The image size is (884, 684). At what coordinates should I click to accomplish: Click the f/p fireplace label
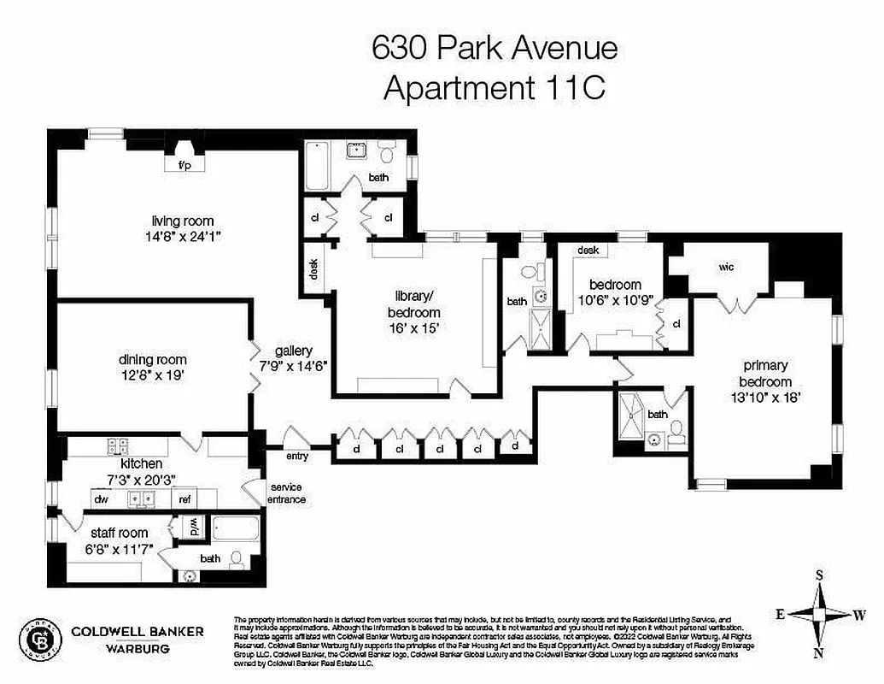pyautogui.click(x=184, y=165)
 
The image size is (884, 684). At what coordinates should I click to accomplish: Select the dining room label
pyautogui.click(x=153, y=360)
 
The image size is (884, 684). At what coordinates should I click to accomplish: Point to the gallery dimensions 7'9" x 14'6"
pyautogui.click(x=294, y=365)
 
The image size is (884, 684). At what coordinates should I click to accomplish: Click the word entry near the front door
pyautogui.click(x=296, y=457)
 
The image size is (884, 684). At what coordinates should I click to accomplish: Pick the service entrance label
pyautogui.click(x=286, y=493)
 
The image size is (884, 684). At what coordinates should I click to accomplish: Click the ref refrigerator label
pyautogui.click(x=184, y=499)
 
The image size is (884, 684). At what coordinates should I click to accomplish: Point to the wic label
pyautogui.click(x=726, y=268)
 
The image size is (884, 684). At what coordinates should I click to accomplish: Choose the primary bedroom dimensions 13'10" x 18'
pyautogui.click(x=766, y=397)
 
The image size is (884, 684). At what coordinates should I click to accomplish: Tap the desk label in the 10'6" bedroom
pyautogui.click(x=588, y=251)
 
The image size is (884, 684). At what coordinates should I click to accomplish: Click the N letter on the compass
pyautogui.click(x=818, y=654)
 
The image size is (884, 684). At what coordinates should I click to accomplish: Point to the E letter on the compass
pyautogui.click(x=780, y=613)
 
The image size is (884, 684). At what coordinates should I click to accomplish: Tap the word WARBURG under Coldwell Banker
pyautogui.click(x=138, y=648)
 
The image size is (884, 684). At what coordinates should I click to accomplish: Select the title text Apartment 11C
pyautogui.click(x=495, y=88)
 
